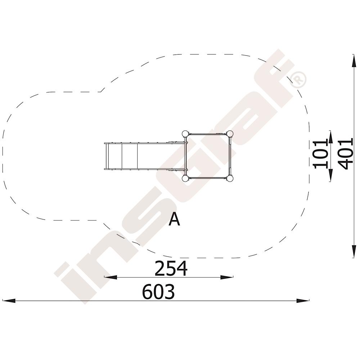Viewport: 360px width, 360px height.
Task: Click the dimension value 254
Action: pyautogui.click(x=171, y=268)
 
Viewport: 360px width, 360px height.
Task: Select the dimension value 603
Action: pyautogui.click(x=158, y=292)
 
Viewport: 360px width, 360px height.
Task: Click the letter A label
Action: pyautogui.click(x=174, y=219)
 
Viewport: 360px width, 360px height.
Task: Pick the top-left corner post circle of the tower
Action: pyautogui.click(x=185, y=134)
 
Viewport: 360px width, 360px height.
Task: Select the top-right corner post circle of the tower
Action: pyautogui.click(x=230, y=134)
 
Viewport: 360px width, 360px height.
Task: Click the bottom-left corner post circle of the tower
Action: pyautogui.click(x=185, y=179)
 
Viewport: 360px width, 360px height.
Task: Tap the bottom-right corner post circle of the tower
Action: pyautogui.click(x=230, y=179)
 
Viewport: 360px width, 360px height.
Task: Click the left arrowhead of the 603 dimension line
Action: pyautogui.click(x=8, y=301)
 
